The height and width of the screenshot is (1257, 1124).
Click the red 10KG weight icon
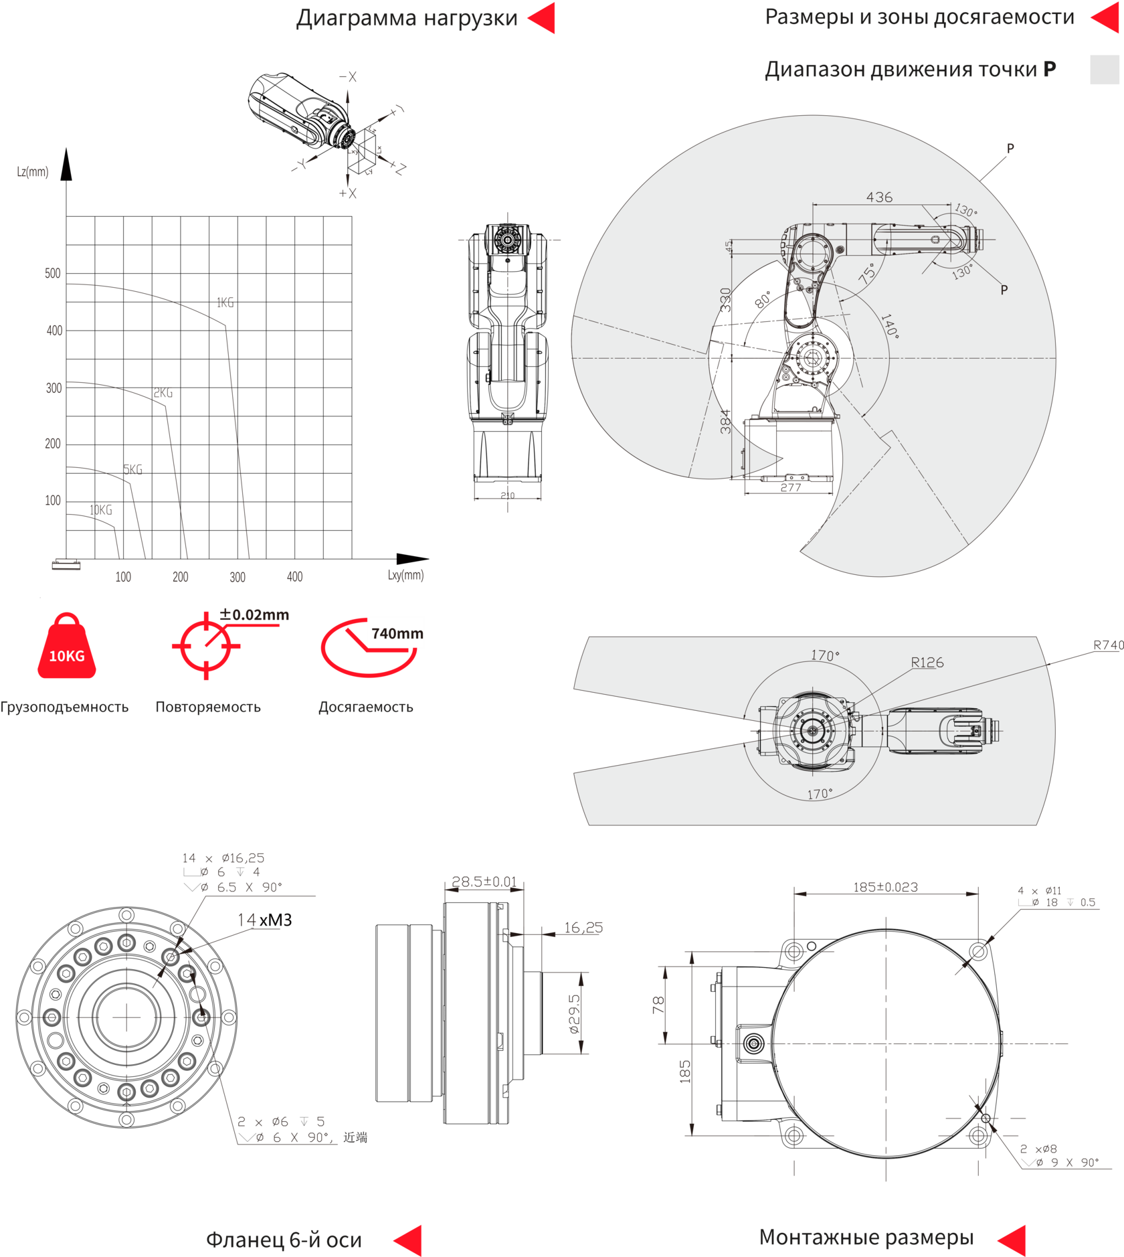pyautogui.click(x=66, y=647)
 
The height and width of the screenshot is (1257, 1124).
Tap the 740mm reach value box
pyautogui.click(x=396, y=633)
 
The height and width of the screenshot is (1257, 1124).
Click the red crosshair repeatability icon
pyautogui.click(x=205, y=645)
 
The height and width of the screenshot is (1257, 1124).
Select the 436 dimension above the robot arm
pyautogui.click(x=879, y=197)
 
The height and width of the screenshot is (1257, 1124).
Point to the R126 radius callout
pyautogui.click(x=927, y=663)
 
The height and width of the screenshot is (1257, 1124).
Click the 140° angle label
pyautogui.click(x=888, y=325)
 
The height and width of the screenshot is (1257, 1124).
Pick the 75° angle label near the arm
pyautogui.click(x=867, y=273)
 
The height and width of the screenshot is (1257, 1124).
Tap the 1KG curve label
pyautogui.click(x=225, y=303)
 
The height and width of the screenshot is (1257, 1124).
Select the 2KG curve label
pyautogui.click(x=163, y=393)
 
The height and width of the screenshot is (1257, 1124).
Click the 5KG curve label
pyautogui.click(x=133, y=470)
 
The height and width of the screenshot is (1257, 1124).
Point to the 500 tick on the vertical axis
pyautogui.click(x=53, y=273)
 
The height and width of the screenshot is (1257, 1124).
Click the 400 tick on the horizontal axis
pyautogui.click(x=294, y=576)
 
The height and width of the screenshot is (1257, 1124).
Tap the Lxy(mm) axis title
pyautogui.click(x=405, y=574)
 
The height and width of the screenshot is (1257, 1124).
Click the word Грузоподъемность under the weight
pyautogui.click(x=64, y=707)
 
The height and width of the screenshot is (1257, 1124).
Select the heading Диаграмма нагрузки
pyautogui.click(x=407, y=18)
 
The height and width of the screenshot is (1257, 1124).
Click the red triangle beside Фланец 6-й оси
pyautogui.click(x=409, y=1240)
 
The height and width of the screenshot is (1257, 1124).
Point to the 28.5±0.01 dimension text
pyautogui.click(x=484, y=882)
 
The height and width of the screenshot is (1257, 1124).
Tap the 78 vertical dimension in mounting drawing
pyautogui.click(x=659, y=1005)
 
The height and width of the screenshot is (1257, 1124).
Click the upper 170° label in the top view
pyautogui.click(x=825, y=655)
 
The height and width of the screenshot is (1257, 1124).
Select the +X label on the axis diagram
pyautogui.click(x=348, y=193)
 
